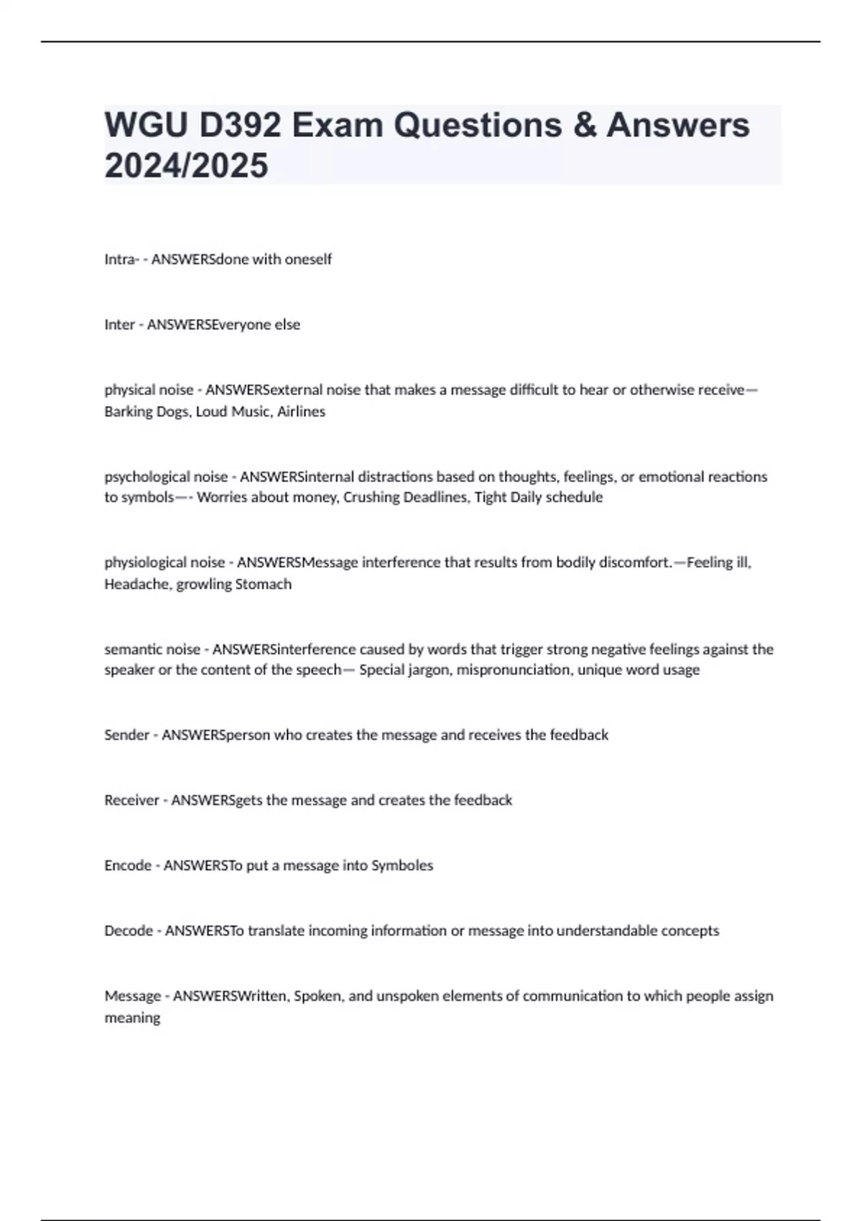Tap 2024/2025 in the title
pyautogui.click(x=186, y=166)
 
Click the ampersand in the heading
pyautogui.click(x=584, y=126)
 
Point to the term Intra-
pyautogui.click(x=121, y=259)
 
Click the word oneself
pyautogui.click(x=308, y=259)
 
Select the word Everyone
pyautogui.click(x=238, y=325)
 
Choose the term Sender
pyautogui.click(x=126, y=735)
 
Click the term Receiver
pyautogui.click(x=131, y=800)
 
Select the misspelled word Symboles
pyautogui.click(x=402, y=865)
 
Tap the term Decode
pyautogui.click(x=128, y=931)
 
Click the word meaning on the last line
pyautogui.click(x=132, y=1018)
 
